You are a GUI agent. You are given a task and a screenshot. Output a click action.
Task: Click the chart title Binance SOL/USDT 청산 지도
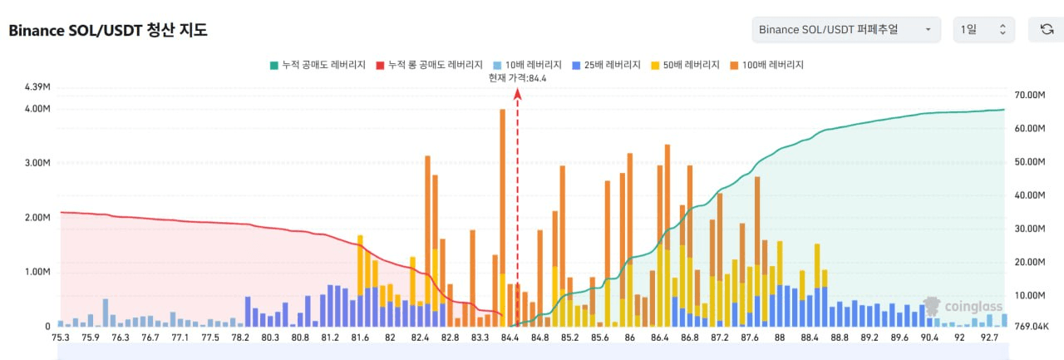pyautogui.click(x=108, y=31)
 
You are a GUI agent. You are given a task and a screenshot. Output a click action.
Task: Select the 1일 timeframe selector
pyautogui.click(x=983, y=30)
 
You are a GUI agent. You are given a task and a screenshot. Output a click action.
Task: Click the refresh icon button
pyautogui.click(x=1047, y=30)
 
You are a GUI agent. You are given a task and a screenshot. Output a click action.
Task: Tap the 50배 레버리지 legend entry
pyautogui.click(x=685, y=65)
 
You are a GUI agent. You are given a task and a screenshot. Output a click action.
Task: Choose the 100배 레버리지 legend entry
pyautogui.click(x=766, y=65)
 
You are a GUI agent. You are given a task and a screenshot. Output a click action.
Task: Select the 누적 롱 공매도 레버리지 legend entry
pyautogui.click(x=430, y=65)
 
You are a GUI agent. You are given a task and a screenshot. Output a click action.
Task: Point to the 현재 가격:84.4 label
pyautogui.click(x=517, y=78)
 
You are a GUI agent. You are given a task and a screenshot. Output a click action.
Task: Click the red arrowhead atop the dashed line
pyautogui.click(x=517, y=94)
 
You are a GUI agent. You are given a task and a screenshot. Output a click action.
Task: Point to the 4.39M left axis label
pyautogui.click(x=38, y=87)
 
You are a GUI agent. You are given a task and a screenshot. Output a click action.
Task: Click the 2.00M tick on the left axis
pyautogui.click(x=38, y=218)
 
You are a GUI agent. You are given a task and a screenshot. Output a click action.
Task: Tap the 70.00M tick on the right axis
pyautogui.click(x=1025, y=96)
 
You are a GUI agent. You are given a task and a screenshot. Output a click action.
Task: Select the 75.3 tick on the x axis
pyautogui.click(x=61, y=338)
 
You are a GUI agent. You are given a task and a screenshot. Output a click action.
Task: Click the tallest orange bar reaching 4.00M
pyautogui.click(x=502, y=216)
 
